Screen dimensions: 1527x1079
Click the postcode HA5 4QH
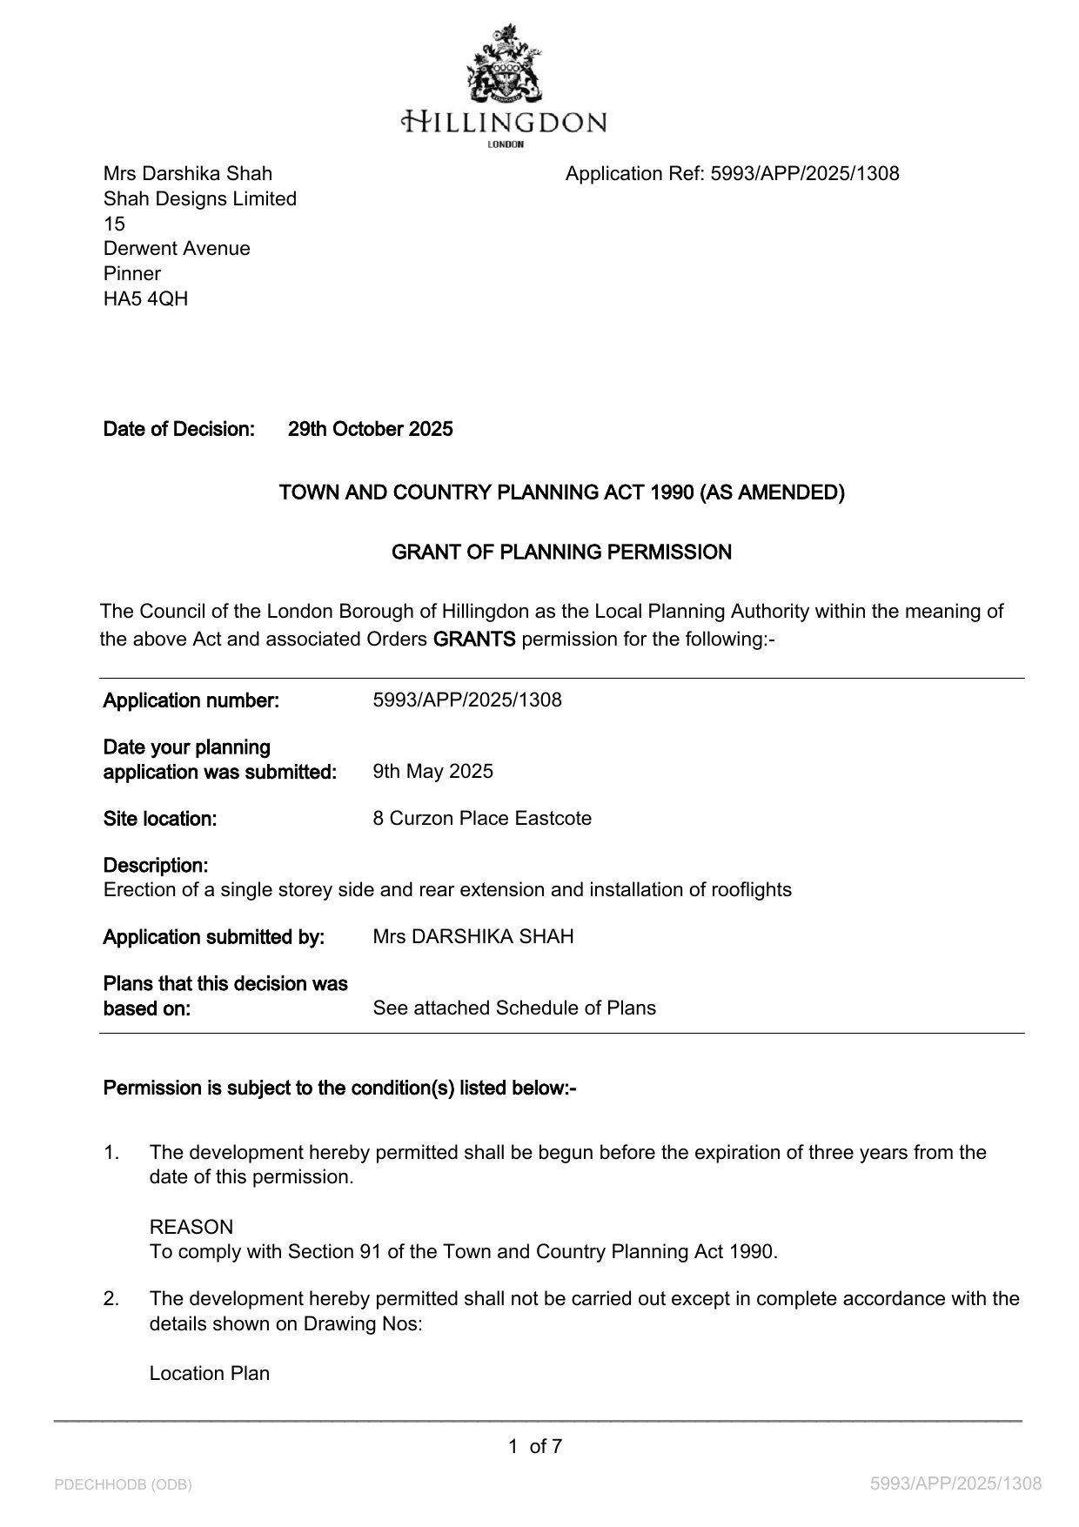pos(145,299)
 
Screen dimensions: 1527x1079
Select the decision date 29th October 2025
pos(370,429)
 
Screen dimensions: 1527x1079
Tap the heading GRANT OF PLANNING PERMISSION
pos(561,553)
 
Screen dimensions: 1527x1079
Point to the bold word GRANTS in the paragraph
pos(474,640)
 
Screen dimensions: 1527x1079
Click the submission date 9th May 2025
pos(432,772)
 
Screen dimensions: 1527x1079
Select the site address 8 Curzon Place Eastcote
pos(481,819)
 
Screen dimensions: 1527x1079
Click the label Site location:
pos(159,819)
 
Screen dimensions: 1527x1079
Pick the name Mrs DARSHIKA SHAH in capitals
pos(472,937)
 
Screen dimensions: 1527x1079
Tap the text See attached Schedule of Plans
pos(513,1008)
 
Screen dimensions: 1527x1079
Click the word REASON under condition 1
pos(191,1228)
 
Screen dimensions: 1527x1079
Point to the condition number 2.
pos(111,1299)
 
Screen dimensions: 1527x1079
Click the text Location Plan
pos(210,1374)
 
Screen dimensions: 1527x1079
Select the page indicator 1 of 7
pos(535,1447)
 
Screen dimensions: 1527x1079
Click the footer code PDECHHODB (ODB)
pos(123,1484)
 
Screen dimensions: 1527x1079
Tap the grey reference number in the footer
pos(955,1483)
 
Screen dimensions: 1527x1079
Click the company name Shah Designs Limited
pos(200,199)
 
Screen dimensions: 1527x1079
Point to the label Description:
pos(156,866)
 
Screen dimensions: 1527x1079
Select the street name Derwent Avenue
pos(177,249)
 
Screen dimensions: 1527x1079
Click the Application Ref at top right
pos(732,174)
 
